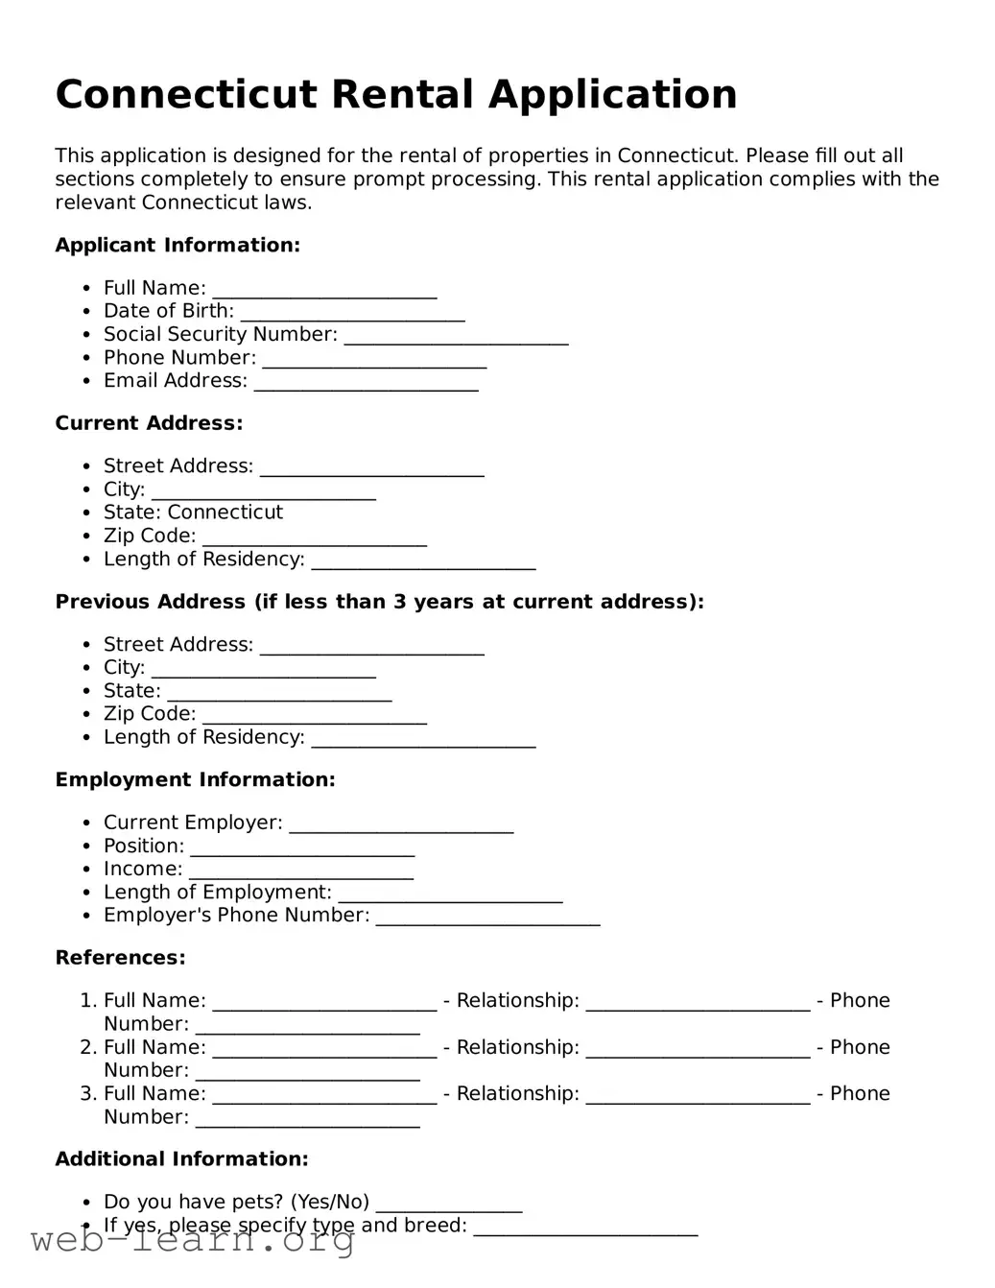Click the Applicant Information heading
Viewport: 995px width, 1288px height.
178,246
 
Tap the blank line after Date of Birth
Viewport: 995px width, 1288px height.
352,317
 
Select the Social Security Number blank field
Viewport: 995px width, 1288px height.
456,340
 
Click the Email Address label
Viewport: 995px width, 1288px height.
176,381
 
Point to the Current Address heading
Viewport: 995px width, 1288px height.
149,423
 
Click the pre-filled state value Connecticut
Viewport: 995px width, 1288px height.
225,513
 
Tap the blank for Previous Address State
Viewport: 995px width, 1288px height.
279,697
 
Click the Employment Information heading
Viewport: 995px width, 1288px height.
195,780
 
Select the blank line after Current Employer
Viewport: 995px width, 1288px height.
401,829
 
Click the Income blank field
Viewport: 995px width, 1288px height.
301,874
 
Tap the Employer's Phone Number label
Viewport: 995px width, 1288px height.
236,916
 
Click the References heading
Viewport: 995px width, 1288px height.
120,958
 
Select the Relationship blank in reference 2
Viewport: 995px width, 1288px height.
698,1054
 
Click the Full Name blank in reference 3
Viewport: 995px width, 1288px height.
324,1100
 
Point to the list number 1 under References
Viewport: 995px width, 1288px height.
86,1001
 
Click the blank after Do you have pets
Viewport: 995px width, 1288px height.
449,1208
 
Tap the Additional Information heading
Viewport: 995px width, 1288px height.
181,1159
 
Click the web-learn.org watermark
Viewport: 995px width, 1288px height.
192,1242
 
